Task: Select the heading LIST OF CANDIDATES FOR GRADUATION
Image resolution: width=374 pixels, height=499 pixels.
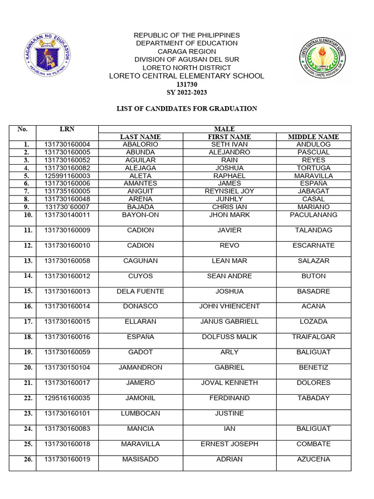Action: [187, 109]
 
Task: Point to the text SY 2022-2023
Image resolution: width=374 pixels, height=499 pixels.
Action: [187, 93]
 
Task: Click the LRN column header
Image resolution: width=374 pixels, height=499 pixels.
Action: [67, 129]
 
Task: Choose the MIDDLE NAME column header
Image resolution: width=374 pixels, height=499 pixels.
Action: [313, 137]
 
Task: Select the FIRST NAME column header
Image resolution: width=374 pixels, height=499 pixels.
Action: [229, 137]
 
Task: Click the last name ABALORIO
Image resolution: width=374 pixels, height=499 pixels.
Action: [140, 145]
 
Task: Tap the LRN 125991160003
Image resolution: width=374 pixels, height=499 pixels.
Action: [67, 176]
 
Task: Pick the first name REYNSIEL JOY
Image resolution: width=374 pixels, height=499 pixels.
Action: [229, 192]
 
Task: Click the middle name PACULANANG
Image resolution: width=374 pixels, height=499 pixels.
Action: [313, 215]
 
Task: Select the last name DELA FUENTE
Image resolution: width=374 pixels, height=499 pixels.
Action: [140, 291]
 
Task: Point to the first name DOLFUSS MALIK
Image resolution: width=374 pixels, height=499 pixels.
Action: [229, 337]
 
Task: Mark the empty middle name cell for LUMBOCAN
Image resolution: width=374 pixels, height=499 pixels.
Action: [313, 417]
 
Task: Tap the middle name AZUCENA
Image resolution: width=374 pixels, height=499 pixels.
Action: [313, 460]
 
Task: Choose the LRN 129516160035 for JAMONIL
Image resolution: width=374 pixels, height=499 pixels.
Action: [67, 398]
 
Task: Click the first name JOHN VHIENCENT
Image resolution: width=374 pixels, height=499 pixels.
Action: [229, 307]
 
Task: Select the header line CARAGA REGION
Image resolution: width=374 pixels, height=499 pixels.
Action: [187, 51]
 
